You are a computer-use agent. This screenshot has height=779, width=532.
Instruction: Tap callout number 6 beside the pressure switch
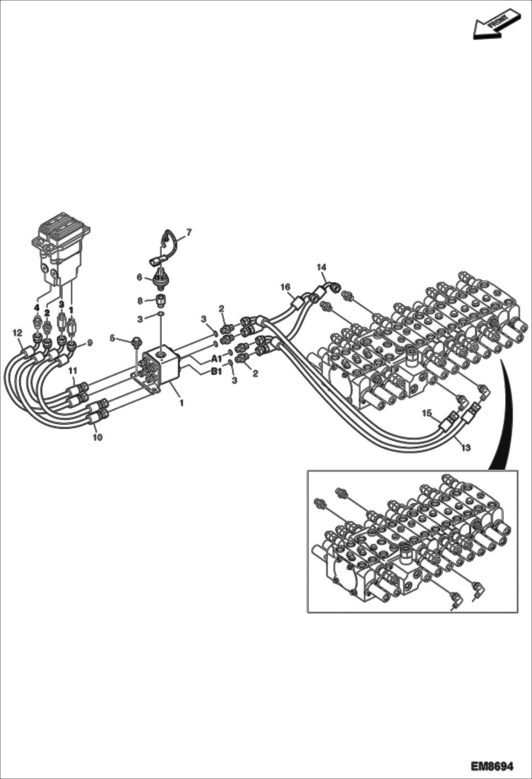pos(140,277)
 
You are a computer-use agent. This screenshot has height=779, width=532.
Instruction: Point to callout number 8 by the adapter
pos(140,300)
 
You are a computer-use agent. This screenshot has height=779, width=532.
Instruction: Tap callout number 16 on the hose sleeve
pos(286,287)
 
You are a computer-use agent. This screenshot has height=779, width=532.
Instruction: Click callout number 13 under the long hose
pos(466,448)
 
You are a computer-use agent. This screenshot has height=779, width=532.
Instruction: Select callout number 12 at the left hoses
pos(17,333)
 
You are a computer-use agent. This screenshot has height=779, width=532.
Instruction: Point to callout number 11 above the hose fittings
pos(73,371)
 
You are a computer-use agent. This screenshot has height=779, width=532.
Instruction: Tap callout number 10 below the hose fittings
pos(98,437)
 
